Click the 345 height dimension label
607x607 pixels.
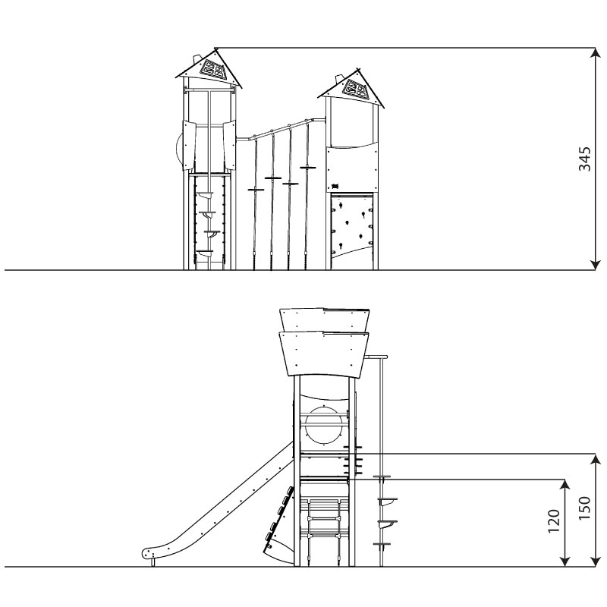point(584,159)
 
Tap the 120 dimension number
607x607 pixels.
point(554,521)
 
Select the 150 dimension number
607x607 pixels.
point(584,508)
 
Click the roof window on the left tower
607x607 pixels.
point(212,69)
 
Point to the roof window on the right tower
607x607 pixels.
point(356,89)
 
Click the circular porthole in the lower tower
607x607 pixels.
point(324,425)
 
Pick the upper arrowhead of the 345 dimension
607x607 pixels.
point(596,53)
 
